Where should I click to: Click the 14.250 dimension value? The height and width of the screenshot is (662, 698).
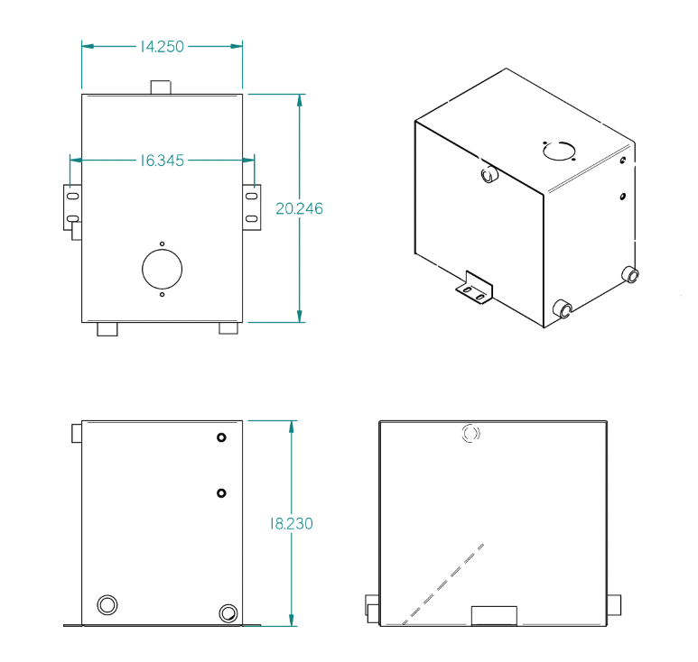click(162, 46)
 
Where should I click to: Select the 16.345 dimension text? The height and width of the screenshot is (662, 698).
click(162, 161)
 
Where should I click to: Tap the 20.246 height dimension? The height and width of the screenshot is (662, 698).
click(299, 208)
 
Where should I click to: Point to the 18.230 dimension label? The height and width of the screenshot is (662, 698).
click(291, 523)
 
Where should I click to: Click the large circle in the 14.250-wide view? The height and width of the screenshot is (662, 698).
click(162, 269)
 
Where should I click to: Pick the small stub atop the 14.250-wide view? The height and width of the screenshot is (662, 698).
click(161, 87)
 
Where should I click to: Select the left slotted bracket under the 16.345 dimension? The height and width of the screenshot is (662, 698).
click(72, 206)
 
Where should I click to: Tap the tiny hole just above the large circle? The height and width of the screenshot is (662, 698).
click(162, 244)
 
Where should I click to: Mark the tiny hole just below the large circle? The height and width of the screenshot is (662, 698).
click(162, 294)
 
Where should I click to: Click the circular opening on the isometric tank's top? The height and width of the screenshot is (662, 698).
click(559, 151)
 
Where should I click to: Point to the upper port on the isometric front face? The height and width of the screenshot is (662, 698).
click(489, 174)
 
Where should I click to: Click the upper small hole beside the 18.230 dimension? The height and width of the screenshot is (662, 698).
click(221, 438)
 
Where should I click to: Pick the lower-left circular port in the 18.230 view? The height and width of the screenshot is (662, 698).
click(107, 603)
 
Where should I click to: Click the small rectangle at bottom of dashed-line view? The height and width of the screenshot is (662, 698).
click(494, 615)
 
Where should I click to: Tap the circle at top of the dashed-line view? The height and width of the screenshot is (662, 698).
click(470, 434)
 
